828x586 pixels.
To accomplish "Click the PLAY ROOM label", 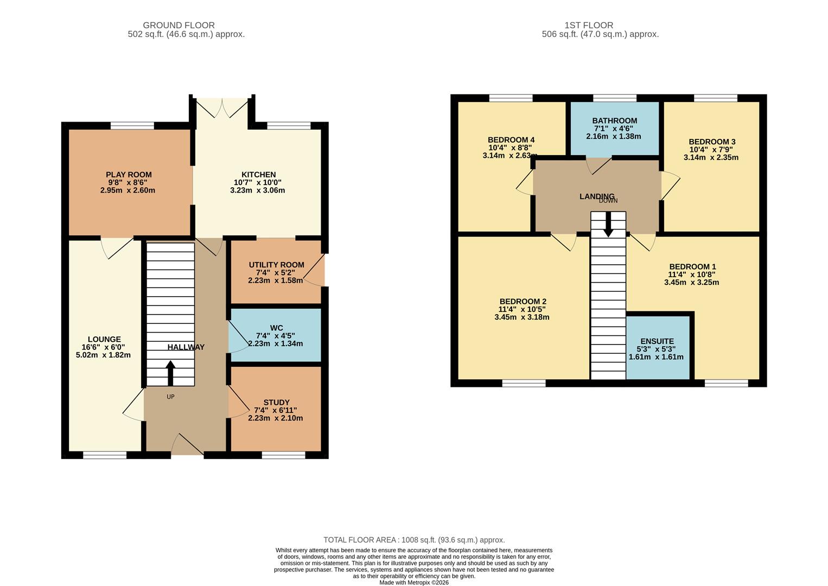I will [x=129, y=175].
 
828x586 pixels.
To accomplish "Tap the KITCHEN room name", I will [x=258, y=175].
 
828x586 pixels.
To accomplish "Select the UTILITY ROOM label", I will [x=276, y=265].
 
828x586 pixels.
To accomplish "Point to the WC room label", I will [x=276, y=328].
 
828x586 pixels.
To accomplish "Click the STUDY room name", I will [x=276, y=403].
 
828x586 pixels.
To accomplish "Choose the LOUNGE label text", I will [x=104, y=340].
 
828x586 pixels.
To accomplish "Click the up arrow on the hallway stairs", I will [x=170, y=373].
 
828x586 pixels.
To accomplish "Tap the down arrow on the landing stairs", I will [x=608, y=224].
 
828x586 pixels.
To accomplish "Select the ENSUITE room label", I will [x=657, y=341].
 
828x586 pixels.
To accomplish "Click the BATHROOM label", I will [x=614, y=120].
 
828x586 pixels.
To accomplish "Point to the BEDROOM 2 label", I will [x=523, y=302].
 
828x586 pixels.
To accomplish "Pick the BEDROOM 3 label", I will [x=712, y=142].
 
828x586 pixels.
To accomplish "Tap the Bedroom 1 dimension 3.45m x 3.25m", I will [x=691, y=282].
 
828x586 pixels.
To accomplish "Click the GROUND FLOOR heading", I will [x=179, y=25].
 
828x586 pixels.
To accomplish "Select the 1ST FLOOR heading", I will [x=589, y=25].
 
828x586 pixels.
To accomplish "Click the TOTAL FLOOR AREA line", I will [x=414, y=540].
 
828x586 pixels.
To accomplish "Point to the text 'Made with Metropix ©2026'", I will [x=414, y=582].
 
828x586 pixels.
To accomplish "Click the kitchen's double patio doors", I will [x=222, y=107].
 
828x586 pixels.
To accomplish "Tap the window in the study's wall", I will [x=283, y=455].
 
